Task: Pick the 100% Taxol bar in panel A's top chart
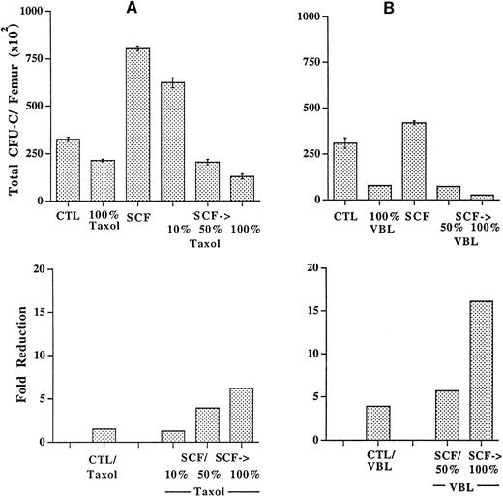click(x=103, y=180)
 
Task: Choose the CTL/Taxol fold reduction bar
click(x=103, y=435)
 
